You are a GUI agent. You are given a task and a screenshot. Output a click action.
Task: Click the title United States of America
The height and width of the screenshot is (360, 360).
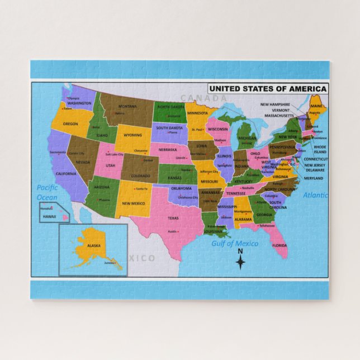click(x=268, y=88)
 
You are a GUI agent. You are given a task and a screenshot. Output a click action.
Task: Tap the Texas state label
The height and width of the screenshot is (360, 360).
click(x=173, y=218)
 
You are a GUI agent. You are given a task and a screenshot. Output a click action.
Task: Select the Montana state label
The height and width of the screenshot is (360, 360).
click(x=127, y=107)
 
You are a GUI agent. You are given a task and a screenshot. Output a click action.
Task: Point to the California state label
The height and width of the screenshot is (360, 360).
click(x=66, y=174)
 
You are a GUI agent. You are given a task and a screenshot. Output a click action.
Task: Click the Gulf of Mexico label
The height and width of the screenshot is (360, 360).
click(x=235, y=243)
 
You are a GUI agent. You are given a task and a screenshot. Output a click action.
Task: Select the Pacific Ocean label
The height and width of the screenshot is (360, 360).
click(x=47, y=192)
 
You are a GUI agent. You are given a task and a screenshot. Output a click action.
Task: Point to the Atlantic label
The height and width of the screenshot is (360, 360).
click(x=316, y=196)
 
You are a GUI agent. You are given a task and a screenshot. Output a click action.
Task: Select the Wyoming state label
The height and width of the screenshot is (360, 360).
click(x=133, y=135)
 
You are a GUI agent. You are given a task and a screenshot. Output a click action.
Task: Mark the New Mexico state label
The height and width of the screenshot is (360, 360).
click(x=134, y=203)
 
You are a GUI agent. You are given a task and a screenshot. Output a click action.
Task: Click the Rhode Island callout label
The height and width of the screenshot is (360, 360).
click(x=320, y=149)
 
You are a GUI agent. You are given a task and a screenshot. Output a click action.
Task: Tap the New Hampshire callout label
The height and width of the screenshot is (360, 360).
click(x=275, y=105)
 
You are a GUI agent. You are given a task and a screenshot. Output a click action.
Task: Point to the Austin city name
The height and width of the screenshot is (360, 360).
click(x=173, y=231)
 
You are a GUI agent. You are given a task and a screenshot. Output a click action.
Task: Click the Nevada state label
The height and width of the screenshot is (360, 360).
click(x=83, y=162)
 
